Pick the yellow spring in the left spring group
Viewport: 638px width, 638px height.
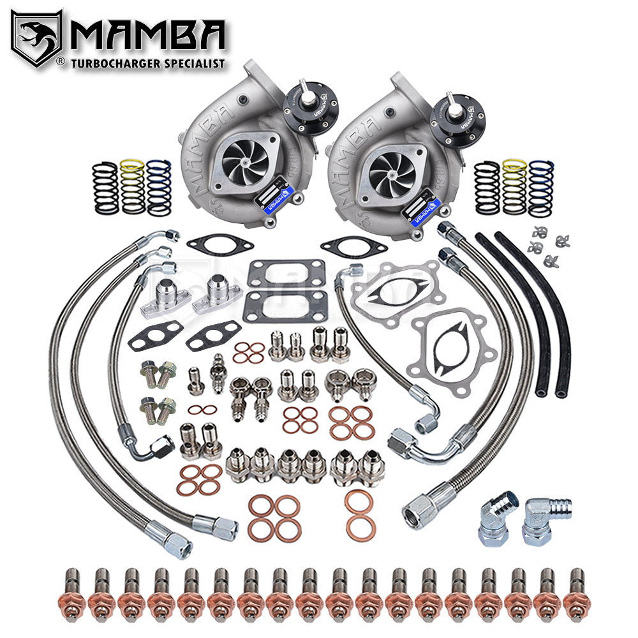coord(133,186)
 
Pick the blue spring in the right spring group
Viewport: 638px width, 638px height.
coord(541,188)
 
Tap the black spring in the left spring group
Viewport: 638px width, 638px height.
coord(105,188)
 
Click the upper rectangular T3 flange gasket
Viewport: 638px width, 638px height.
coord(286,274)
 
